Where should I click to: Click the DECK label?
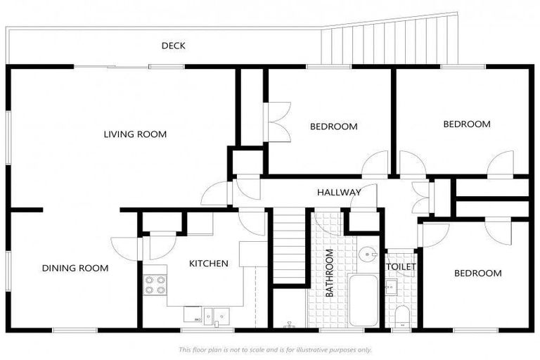click(x=173, y=46)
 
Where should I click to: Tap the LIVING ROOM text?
click(x=135, y=134)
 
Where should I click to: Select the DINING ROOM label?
click(x=75, y=268)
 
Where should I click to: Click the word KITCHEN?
click(x=208, y=264)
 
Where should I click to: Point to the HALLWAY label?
click(x=339, y=192)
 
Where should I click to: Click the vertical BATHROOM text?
click(x=329, y=274)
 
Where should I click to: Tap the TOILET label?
click(x=401, y=267)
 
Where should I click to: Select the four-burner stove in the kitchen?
click(x=155, y=283)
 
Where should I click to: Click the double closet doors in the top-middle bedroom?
click(x=278, y=123)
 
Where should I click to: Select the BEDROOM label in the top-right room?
click(x=466, y=124)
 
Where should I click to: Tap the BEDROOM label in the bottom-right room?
click(x=477, y=273)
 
